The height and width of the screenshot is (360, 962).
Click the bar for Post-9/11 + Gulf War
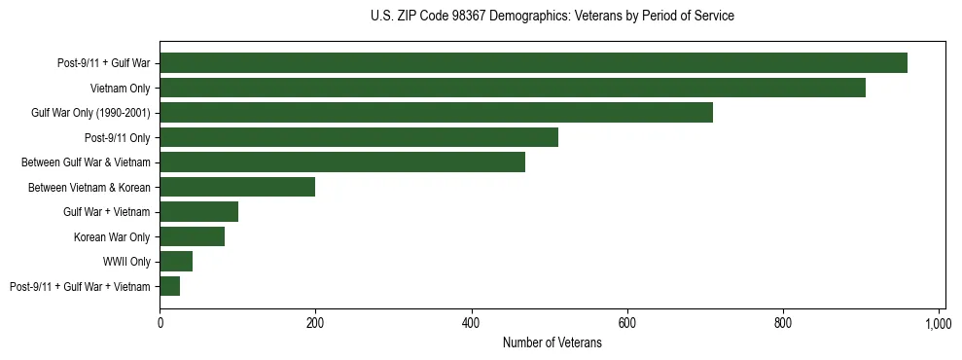tap(533, 63)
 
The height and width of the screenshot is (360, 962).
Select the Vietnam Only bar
tap(513, 88)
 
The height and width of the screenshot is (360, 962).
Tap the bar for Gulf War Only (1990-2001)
tap(436, 113)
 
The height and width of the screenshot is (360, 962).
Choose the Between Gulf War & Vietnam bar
tap(342, 162)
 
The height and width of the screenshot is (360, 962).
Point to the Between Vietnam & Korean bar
tap(237, 187)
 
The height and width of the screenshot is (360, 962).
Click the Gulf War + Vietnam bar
tap(198, 212)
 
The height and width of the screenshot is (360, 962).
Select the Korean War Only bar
tap(192, 236)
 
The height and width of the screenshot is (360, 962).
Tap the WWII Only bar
tap(176, 262)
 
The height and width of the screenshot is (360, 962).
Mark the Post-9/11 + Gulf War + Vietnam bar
tap(169, 286)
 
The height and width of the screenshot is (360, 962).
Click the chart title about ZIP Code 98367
tap(552, 17)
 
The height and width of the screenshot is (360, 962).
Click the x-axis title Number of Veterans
tap(552, 343)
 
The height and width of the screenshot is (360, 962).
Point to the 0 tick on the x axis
tap(160, 323)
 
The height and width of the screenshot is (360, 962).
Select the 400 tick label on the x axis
tap(471, 323)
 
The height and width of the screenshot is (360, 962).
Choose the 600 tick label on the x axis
tap(626, 323)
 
